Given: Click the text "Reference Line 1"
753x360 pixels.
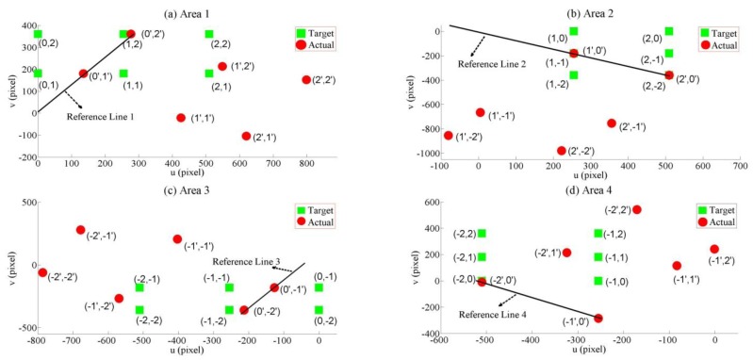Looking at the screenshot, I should click(101, 116).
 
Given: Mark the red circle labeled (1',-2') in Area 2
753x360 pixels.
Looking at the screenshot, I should click(448, 136).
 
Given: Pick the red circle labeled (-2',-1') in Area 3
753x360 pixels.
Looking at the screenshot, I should click(81, 230).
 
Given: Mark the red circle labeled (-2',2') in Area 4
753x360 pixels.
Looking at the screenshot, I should click(637, 210).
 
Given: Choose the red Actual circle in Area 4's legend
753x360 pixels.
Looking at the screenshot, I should click(702, 221).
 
